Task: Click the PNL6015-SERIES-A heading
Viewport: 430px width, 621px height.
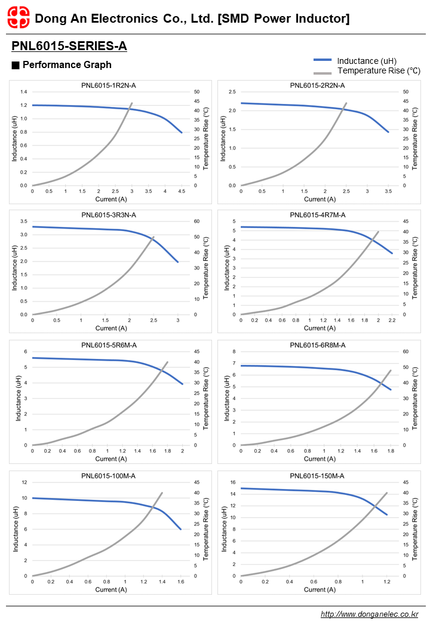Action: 69,46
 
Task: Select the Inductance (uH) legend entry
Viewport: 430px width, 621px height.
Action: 366,60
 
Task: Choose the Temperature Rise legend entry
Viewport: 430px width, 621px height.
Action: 378,70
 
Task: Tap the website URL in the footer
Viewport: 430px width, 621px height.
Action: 369,614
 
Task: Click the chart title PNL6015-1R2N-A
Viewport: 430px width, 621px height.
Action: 109,85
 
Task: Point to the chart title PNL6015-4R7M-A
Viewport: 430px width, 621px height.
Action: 317,215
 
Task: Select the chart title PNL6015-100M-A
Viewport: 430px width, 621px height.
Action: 109,475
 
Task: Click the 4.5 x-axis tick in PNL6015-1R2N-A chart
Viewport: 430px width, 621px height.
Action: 182,191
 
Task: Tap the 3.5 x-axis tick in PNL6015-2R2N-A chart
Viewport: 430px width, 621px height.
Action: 388,191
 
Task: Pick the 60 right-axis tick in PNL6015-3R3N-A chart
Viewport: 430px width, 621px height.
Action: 196,222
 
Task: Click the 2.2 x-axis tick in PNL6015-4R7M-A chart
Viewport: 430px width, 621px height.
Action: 392,320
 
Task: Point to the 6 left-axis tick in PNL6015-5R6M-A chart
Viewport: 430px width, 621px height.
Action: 25,352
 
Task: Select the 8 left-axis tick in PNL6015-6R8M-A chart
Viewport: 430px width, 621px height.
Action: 234,352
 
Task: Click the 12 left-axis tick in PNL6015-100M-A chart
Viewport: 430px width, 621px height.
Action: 24,482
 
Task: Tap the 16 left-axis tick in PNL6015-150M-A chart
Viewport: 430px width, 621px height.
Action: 232,482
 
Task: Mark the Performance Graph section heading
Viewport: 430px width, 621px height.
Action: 66,64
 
